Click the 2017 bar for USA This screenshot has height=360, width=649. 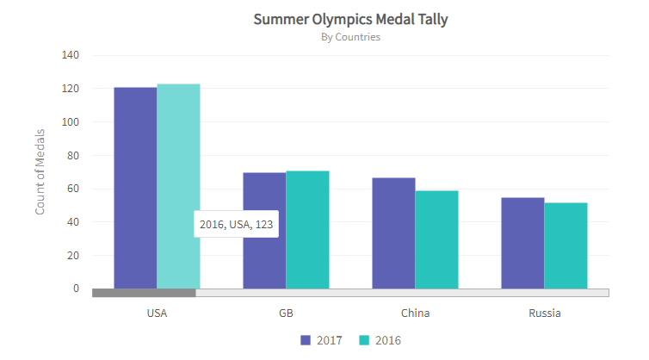pos(135,188)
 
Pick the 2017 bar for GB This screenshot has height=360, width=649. pos(264,230)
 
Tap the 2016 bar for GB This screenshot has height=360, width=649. pos(307,229)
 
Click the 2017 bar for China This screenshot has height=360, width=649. pos(393,233)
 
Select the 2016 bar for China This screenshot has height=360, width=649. pos(436,239)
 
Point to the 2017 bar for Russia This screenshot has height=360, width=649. pos(522,243)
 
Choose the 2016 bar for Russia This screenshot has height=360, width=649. pos(566,245)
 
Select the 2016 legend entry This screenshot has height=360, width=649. pos(380,340)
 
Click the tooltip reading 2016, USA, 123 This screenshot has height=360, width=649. pos(236,224)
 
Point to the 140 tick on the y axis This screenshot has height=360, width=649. pos(71,55)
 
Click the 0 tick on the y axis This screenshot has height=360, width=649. pos(76,289)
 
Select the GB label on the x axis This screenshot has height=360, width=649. pos(286,313)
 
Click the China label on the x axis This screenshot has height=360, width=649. pos(415,313)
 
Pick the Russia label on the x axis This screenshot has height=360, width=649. pos(544,313)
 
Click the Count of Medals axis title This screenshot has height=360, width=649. pos(40,171)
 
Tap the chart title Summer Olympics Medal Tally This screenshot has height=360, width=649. pos(350,19)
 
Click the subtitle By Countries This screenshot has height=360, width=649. pos(350,37)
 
